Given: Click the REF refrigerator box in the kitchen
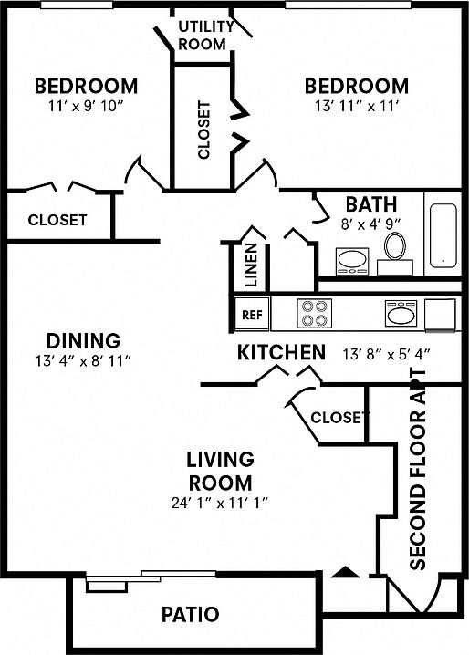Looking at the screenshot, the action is (x=252, y=314).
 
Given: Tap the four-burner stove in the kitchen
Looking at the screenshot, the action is (x=314, y=313).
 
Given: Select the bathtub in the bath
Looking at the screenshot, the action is (x=443, y=235).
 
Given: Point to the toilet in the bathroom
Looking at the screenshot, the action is (x=395, y=254).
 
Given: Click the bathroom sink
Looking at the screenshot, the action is (x=353, y=261).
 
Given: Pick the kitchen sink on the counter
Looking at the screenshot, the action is (x=401, y=313).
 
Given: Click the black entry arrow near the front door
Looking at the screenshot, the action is (x=345, y=572).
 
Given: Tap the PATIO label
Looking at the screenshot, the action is (x=190, y=615).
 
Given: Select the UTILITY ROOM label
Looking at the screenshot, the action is (x=204, y=35).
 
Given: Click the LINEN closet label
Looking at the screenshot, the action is (x=251, y=265).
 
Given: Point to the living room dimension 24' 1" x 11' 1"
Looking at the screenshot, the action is (x=220, y=503).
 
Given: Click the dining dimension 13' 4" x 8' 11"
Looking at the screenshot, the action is (x=84, y=360).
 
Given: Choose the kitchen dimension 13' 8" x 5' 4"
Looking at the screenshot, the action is (x=386, y=355).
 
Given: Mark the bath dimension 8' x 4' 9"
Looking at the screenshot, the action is (x=370, y=224).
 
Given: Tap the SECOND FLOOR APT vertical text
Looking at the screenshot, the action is (x=418, y=469).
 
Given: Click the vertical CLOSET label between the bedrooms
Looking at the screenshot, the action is (x=203, y=130).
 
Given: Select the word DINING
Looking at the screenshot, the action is (x=84, y=341).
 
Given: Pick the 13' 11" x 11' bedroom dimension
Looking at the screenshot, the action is (x=356, y=106).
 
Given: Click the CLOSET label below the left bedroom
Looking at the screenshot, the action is (x=57, y=220).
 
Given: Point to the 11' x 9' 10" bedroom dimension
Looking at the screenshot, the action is (x=86, y=106).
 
